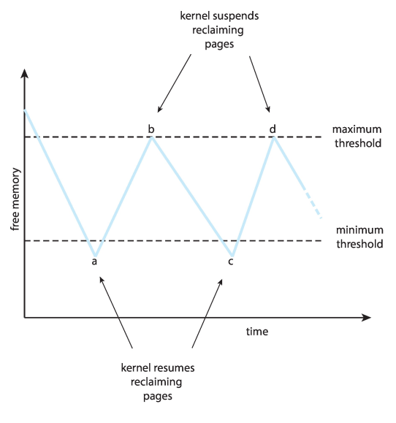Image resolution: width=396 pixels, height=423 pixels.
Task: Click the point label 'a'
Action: (94, 262)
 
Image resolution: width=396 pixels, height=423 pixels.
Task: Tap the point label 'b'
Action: (151, 129)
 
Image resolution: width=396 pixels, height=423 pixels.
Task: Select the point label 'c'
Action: (231, 262)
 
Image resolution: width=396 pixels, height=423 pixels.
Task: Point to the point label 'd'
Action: (273, 129)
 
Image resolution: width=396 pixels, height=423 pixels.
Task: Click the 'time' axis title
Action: (257, 331)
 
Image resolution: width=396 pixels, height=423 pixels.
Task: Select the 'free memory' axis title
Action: (15, 199)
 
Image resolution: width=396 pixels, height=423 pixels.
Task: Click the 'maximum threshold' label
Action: (357, 136)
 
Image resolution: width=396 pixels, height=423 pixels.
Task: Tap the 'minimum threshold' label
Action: (359, 237)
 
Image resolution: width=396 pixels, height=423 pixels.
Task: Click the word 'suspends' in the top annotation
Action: (235, 16)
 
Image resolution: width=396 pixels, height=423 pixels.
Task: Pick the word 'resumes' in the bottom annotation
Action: (176, 367)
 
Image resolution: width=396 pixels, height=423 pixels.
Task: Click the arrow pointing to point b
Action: (175, 83)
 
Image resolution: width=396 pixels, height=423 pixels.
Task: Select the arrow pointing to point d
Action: (259, 84)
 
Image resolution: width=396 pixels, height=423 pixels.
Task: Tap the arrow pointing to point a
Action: (116, 312)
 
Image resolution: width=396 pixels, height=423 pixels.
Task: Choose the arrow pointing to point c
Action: (207, 313)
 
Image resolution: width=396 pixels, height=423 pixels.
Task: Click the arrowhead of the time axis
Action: (366, 318)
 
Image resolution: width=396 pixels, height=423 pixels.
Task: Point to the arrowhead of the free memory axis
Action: (25, 74)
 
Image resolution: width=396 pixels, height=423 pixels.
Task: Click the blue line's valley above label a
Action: (95, 255)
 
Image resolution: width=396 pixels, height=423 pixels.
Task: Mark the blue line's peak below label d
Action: (274, 137)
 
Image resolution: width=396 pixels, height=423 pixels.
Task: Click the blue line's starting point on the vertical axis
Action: (25, 110)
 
